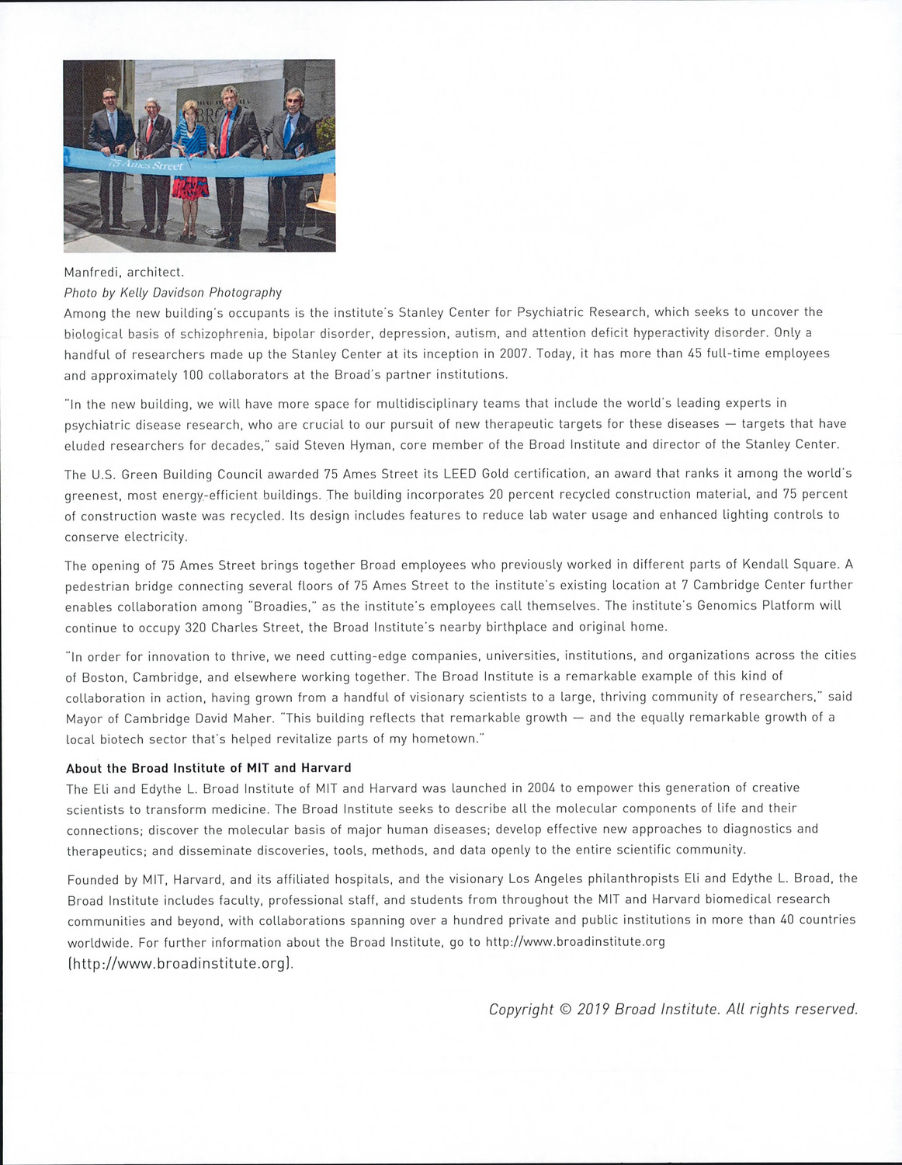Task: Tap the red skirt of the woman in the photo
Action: pyautogui.click(x=191, y=189)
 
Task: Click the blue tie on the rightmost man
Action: pyautogui.click(x=288, y=131)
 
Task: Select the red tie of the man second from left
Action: pyautogui.click(x=150, y=130)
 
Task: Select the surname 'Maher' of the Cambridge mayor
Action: pyautogui.click(x=243, y=718)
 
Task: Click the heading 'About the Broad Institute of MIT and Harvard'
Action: pyautogui.click(x=209, y=768)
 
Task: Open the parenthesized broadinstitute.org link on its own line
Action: pyautogui.click(x=181, y=964)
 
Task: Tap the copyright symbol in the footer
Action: pyautogui.click(x=564, y=1010)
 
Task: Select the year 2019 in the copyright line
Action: pyautogui.click(x=593, y=1010)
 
